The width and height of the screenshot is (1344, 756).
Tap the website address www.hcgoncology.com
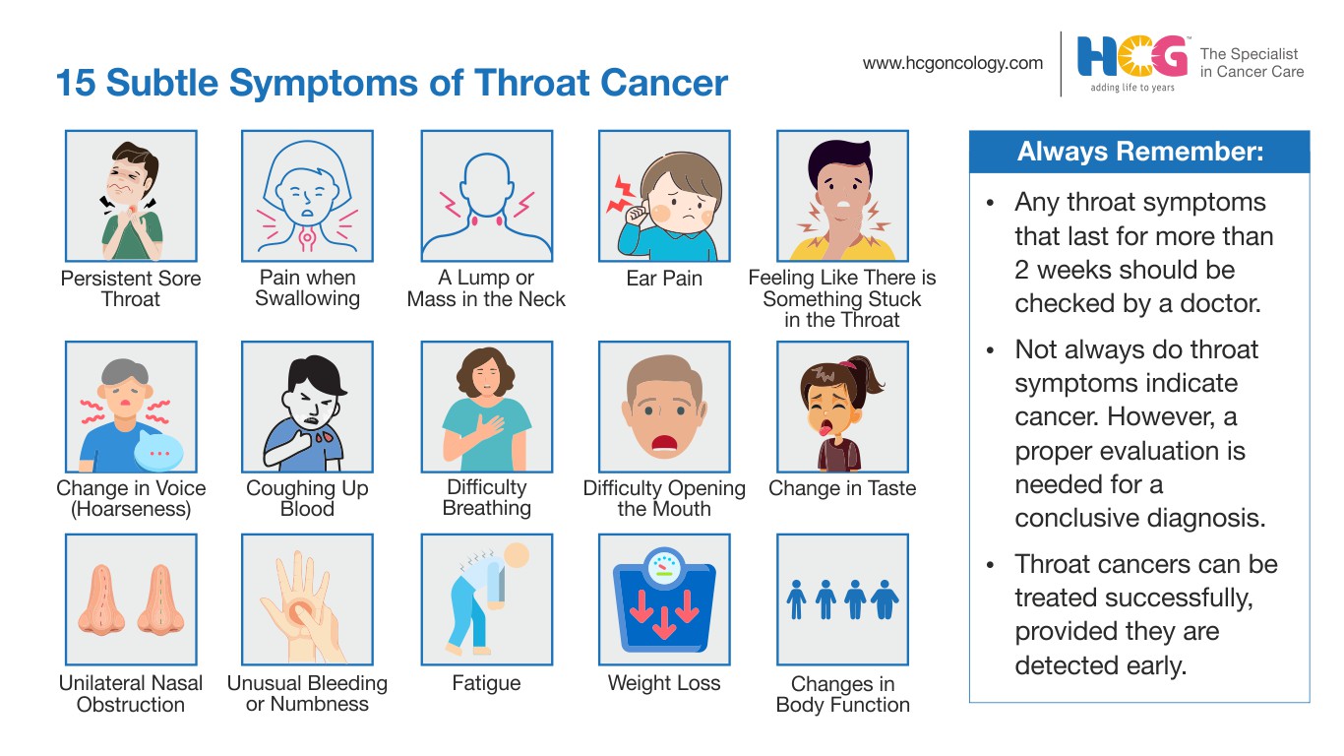click(x=952, y=63)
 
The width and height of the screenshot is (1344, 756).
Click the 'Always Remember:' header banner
click(x=1139, y=152)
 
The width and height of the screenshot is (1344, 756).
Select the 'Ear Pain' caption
click(x=663, y=278)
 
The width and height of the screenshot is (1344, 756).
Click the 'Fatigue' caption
click(x=486, y=683)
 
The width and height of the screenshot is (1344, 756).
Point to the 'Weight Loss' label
click(x=663, y=683)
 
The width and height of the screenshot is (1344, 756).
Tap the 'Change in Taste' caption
click(x=842, y=488)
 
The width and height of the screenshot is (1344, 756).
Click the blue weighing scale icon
click(x=664, y=600)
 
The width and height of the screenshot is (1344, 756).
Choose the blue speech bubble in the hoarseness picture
click(x=158, y=451)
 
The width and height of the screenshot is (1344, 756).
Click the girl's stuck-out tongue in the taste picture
click(x=825, y=429)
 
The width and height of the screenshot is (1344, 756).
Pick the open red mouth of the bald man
click(x=664, y=443)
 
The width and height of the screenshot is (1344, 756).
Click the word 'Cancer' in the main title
click(x=663, y=83)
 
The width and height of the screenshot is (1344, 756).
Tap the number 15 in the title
click(x=76, y=83)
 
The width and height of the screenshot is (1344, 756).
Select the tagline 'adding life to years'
click(x=1132, y=88)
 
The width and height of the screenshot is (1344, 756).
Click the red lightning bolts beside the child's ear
click(x=621, y=195)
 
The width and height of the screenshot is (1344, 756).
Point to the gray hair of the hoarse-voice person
click(x=125, y=372)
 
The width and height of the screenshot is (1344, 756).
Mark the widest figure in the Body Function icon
click(x=885, y=599)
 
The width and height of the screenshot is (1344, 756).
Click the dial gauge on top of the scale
click(x=664, y=566)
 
